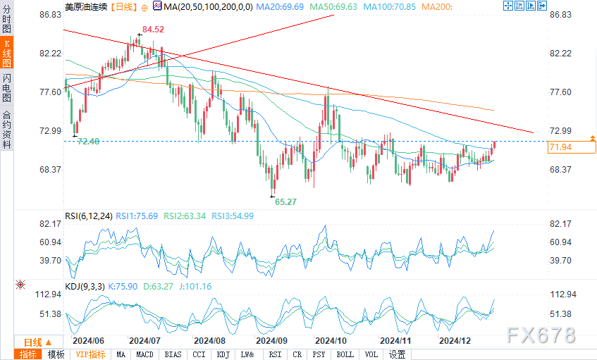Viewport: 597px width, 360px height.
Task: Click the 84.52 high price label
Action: click(153, 30)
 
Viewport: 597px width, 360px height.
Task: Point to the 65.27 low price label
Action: click(285, 201)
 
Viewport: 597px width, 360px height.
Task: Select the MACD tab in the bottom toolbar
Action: click(144, 354)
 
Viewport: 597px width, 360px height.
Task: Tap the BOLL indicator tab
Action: click(344, 354)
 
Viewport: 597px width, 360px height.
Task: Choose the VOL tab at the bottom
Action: click(371, 354)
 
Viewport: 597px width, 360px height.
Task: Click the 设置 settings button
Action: click(397, 354)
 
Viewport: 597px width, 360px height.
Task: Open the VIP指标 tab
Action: click(90, 354)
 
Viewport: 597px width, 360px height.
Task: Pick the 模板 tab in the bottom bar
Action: click(56, 354)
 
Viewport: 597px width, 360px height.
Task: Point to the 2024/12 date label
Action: click(455, 340)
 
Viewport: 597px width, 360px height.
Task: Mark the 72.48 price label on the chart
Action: click(88, 142)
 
